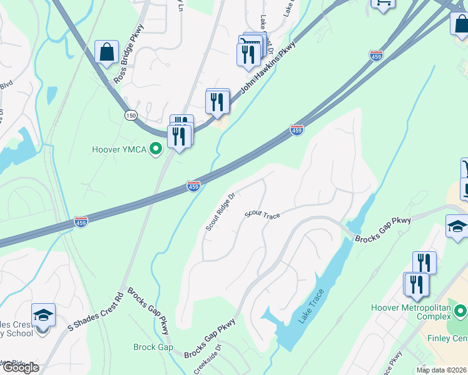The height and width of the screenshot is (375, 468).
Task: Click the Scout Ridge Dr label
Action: click(x=220, y=212)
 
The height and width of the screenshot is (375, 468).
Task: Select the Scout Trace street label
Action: click(x=262, y=214)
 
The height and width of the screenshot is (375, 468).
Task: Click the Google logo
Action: click(x=20, y=368)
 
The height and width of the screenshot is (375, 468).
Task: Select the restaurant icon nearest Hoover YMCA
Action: click(x=180, y=136)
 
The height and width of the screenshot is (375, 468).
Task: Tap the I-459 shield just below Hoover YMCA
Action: click(x=193, y=186)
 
